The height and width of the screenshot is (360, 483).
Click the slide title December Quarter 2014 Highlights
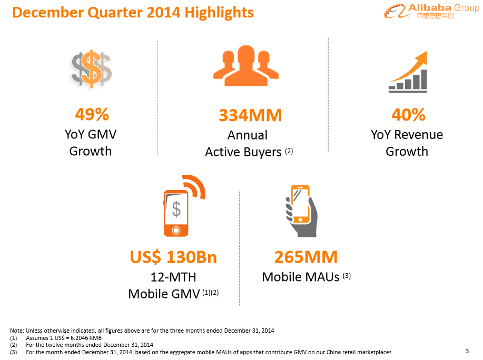tap(133, 12)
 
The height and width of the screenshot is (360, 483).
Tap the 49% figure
tap(92, 114)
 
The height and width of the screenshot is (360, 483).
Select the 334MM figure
tap(250, 115)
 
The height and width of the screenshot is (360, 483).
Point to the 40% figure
tap(408, 114)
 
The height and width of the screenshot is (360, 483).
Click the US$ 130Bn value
tap(173, 257)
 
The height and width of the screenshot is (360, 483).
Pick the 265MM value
tap(305, 257)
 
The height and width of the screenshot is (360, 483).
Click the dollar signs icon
tap(92, 68)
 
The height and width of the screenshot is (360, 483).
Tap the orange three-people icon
tap(245, 66)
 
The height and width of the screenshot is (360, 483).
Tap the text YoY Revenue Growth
tap(407, 143)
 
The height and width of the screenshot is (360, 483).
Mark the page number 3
tap(467, 351)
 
